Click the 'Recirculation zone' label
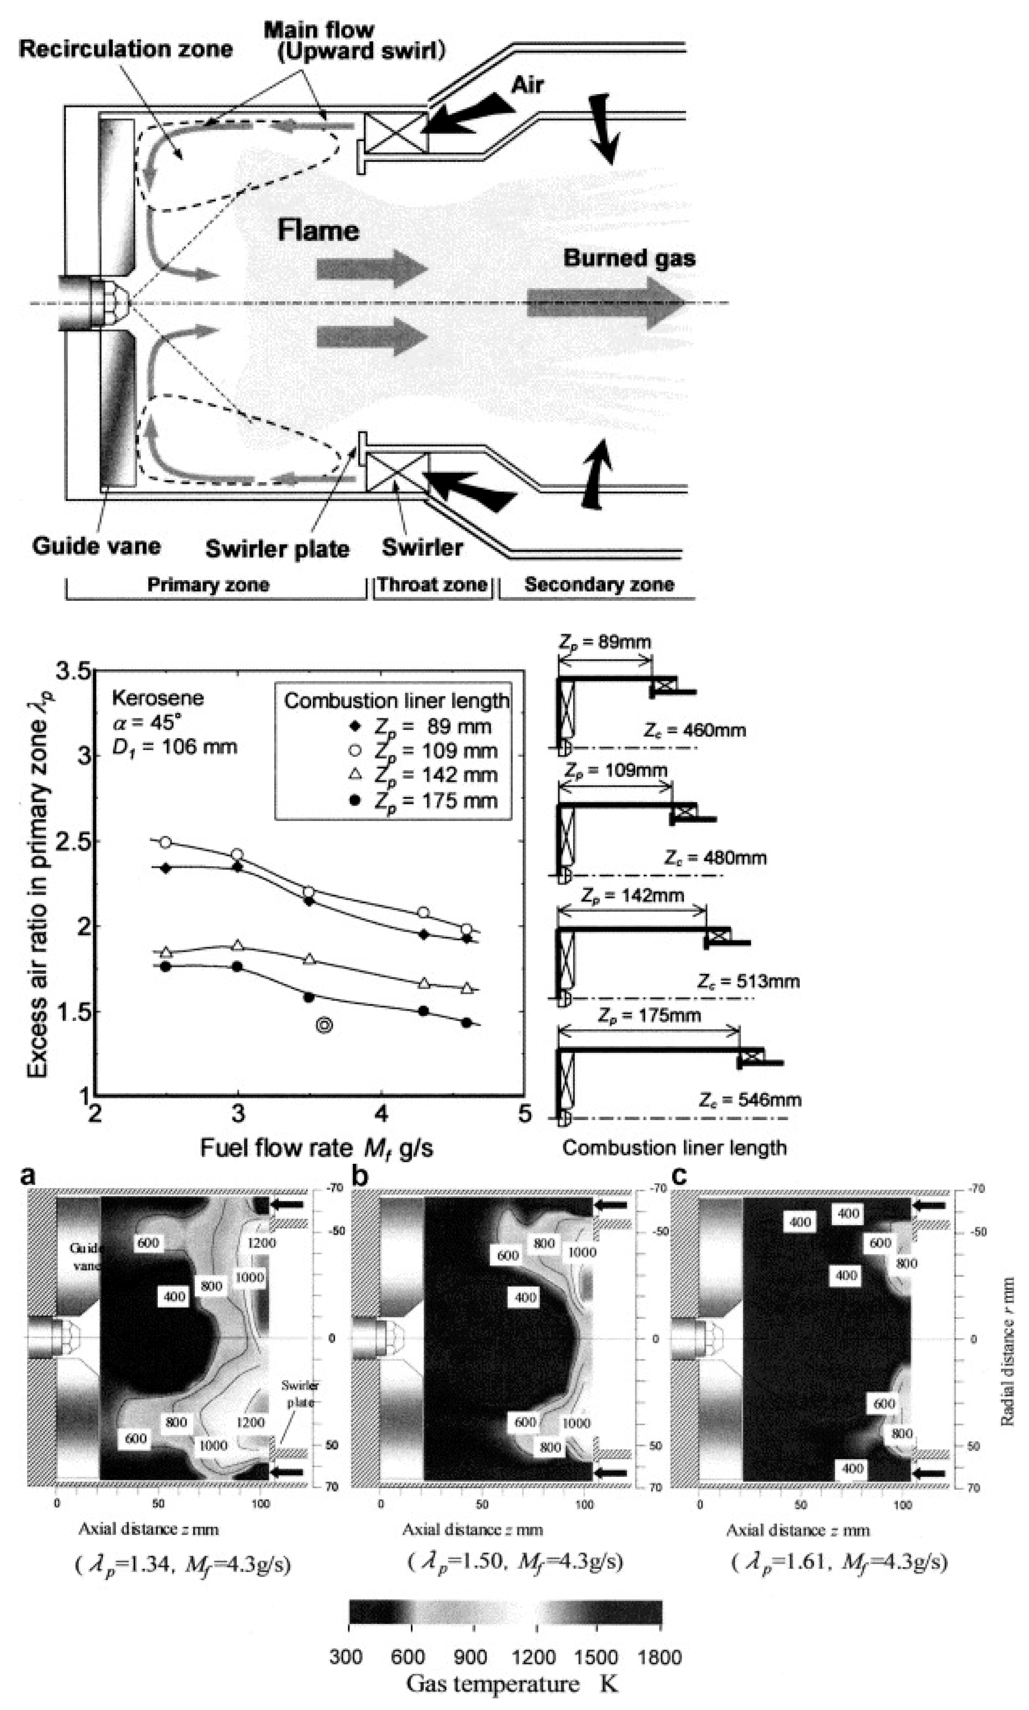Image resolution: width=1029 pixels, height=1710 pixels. coord(125,49)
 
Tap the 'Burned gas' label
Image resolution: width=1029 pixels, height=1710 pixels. coord(629,258)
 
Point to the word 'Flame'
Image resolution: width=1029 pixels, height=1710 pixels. coord(318,230)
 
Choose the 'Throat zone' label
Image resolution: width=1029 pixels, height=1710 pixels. coord(432,585)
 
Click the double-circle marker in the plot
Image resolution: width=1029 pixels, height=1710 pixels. coord(324,1025)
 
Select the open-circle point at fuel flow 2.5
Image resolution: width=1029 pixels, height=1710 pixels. coord(165,842)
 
